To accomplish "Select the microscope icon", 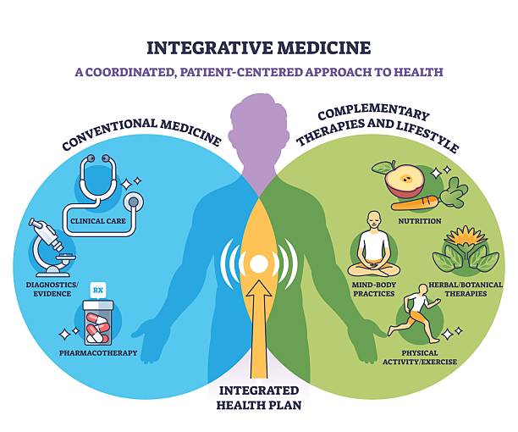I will (x=50, y=245).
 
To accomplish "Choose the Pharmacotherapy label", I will (x=98, y=352).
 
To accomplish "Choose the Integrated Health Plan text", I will (x=259, y=397).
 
